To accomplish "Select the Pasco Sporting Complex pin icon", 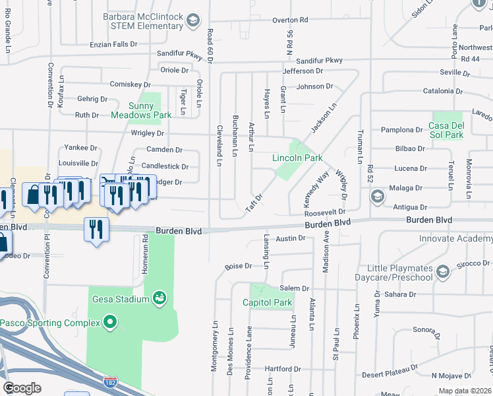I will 110,323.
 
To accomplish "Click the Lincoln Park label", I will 298,158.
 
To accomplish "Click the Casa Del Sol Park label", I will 446,130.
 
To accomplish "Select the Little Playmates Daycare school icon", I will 443,272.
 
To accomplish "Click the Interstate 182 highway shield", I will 110,381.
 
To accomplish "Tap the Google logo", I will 22,387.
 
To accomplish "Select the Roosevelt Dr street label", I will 325,212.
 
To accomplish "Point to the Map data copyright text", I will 464,390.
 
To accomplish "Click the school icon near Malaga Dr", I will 377,196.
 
